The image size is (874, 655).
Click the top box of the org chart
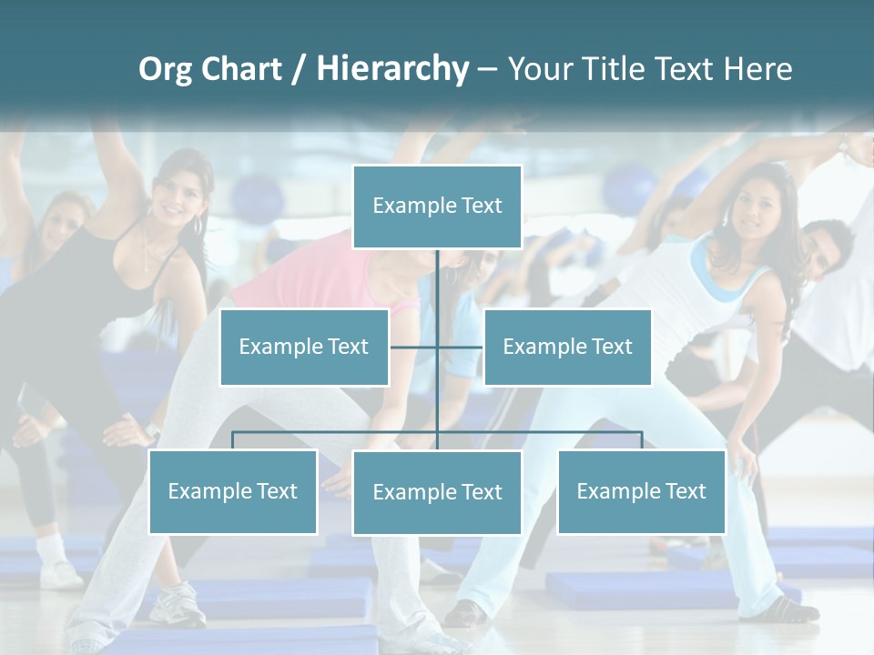(437, 207)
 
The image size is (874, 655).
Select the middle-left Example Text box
(304, 347)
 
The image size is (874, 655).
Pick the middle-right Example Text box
(567, 347)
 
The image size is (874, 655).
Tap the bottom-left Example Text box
(233, 491)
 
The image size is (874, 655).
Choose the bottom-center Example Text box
(437, 492)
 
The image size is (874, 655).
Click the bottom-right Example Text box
(641, 491)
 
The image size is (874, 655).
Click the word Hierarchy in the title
(392, 69)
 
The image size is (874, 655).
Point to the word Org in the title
(165, 69)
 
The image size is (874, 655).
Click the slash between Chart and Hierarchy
(299, 69)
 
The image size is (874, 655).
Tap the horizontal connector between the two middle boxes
(437, 347)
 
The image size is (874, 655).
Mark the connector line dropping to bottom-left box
(233, 440)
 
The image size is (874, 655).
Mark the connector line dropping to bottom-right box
(641, 440)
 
